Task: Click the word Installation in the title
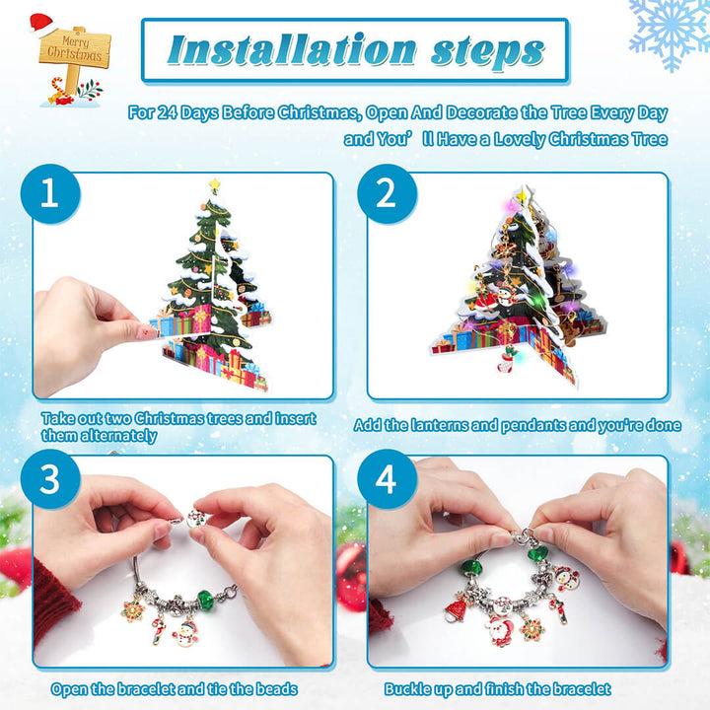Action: click(x=281, y=49)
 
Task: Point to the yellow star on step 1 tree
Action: click(x=214, y=184)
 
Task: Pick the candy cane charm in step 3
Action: click(x=159, y=627)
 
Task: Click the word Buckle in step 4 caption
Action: click(x=410, y=689)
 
